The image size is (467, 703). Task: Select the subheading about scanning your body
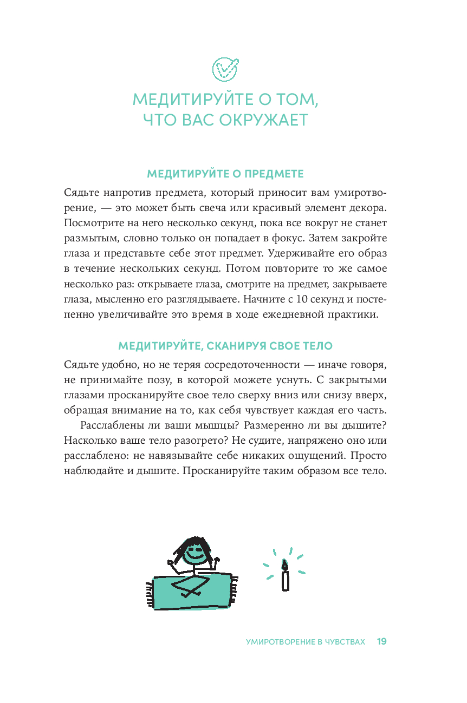click(x=225, y=345)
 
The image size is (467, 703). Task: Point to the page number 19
click(x=381, y=641)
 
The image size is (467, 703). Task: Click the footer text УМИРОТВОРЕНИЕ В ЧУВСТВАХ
click(x=306, y=642)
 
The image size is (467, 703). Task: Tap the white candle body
click(x=285, y=581)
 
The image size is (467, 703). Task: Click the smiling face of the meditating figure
click(x=193, y=553)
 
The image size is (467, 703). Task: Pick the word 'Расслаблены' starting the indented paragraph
click(x=113, y=425)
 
